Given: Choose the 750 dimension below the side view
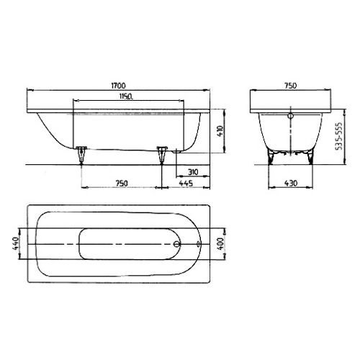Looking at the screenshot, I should click(121, 184).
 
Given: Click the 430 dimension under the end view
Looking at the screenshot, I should click(291, 184).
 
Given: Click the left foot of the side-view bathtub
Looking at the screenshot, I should click(81, 152).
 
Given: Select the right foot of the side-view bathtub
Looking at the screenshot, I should click(162, 152).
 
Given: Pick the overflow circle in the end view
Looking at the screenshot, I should click(291, 114).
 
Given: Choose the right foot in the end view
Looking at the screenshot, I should click(310, 156).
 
